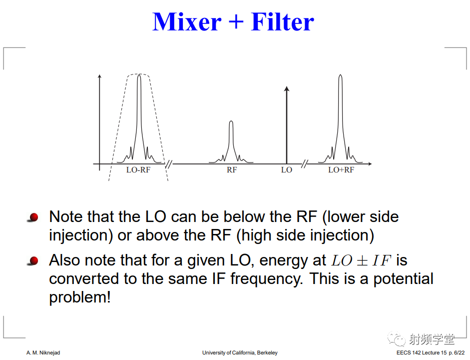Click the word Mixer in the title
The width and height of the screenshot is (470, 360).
click(187, 22)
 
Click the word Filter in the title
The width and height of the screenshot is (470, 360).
click(282, 22)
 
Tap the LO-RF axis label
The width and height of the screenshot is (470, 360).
click(138, 170)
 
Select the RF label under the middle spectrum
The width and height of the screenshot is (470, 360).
click(232, 170)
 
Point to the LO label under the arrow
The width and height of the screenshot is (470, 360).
click(287, 170)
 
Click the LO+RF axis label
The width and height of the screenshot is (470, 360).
click(341, 170)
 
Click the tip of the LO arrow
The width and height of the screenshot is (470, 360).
click(287, 86)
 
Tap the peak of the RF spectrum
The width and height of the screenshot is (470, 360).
click(231, 121)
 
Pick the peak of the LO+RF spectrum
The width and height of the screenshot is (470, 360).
click(340, 75)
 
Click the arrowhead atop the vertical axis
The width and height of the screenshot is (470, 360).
click(99, 75)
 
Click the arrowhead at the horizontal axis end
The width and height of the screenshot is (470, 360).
click(371, 164)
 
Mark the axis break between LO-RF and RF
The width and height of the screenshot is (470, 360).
click(169, 164)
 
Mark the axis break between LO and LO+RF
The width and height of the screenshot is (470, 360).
click(304, 164)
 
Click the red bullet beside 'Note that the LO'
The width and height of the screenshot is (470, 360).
click(33, 217)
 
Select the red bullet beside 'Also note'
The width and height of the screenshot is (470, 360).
click(33, 260)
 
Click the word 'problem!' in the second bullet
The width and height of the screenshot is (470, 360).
click(80, 297)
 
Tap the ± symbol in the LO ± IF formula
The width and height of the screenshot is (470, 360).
click(362, 260)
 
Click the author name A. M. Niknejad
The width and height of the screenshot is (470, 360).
click(43, 352)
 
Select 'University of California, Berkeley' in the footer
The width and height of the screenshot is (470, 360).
click(240, 352)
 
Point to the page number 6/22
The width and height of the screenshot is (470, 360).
click(460, 352)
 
